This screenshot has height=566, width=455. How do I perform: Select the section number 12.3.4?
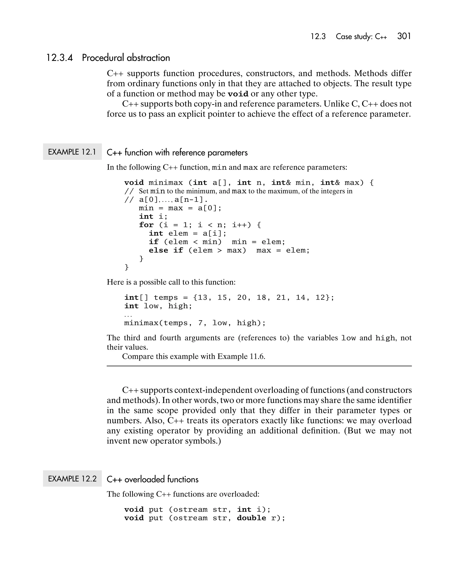(x=59, y=58)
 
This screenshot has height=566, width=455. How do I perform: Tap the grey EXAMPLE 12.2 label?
(x=72, y=479)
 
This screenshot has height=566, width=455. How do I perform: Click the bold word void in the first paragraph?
(x=238, y=94)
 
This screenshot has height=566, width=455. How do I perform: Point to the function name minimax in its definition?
(x=166, y=183)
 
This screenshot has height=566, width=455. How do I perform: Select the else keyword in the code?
(x=158, y=250)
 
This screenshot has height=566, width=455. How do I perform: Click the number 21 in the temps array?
(x=281, y=298)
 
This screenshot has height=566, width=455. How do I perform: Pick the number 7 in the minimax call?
(x=200, y=323)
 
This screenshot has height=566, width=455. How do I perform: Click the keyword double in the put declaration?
(x=251, y=518)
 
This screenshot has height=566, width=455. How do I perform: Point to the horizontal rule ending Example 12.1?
(x=259, y=366)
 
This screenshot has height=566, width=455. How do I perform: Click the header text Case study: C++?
(x=361, y=36)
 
